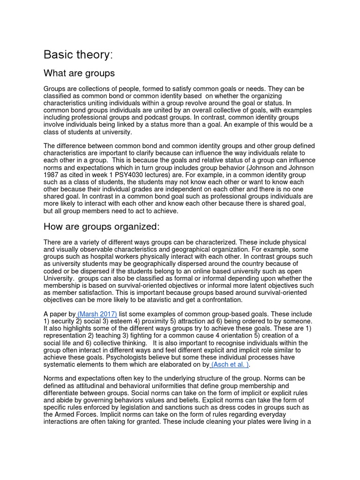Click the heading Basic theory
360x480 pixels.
click(x=78, y=55)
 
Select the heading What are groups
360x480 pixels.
click(x=79, y=74)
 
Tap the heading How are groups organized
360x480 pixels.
click(x=102, y=227)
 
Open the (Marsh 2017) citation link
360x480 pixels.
click(x=97, y=314)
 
